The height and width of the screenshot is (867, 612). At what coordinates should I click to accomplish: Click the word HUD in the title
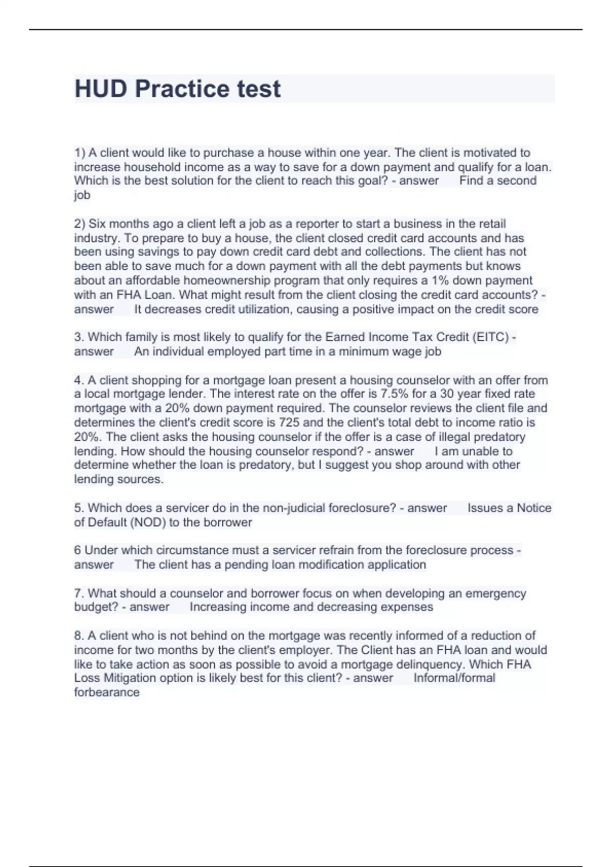(101, 89)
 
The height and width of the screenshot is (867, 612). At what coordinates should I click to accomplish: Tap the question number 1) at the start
(80, 153)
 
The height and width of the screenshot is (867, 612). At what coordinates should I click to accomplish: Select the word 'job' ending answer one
(82, 195)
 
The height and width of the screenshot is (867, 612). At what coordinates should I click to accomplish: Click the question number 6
(78, 550)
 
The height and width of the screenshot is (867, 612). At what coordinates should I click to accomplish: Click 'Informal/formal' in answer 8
(454, 678)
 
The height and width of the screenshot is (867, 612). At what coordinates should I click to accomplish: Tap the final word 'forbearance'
(107, 693)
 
